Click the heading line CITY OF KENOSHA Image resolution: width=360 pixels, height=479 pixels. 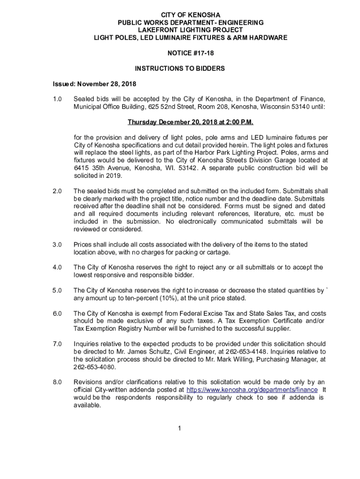pyautogui.click(x=180, y=15)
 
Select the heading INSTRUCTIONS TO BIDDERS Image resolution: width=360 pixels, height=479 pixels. pyautogui.click(x=180, y=69)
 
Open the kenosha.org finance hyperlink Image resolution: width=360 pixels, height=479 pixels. pyautogui.click(x=252, y=390)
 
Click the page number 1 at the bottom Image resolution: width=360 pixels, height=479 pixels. pyautogui.click(x=180, y=428)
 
